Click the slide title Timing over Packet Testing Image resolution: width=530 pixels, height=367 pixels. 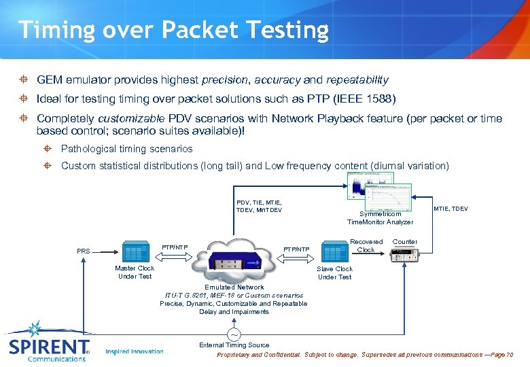[x=173, y=30]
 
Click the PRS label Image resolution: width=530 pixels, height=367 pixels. [x=84, y=251]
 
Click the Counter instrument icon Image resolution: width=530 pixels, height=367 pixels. [x=405, y=255]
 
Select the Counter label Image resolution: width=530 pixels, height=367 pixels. [x=405, y=241]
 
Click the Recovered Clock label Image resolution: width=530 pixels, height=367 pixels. [x=366, y=245]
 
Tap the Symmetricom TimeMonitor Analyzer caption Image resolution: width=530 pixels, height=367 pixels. [x=380, y=217]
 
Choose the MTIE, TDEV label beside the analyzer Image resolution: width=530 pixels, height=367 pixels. [x=450, y=209]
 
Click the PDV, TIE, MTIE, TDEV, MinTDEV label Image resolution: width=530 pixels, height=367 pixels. [x=259, y=206]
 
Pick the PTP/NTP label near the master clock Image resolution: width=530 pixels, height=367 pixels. [x=175, y=247]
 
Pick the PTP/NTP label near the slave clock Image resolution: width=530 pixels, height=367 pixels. [x=296, y=249]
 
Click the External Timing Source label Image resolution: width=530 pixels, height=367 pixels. [x=234, y=345]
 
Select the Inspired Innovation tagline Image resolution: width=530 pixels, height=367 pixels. [x=135, y=351]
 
